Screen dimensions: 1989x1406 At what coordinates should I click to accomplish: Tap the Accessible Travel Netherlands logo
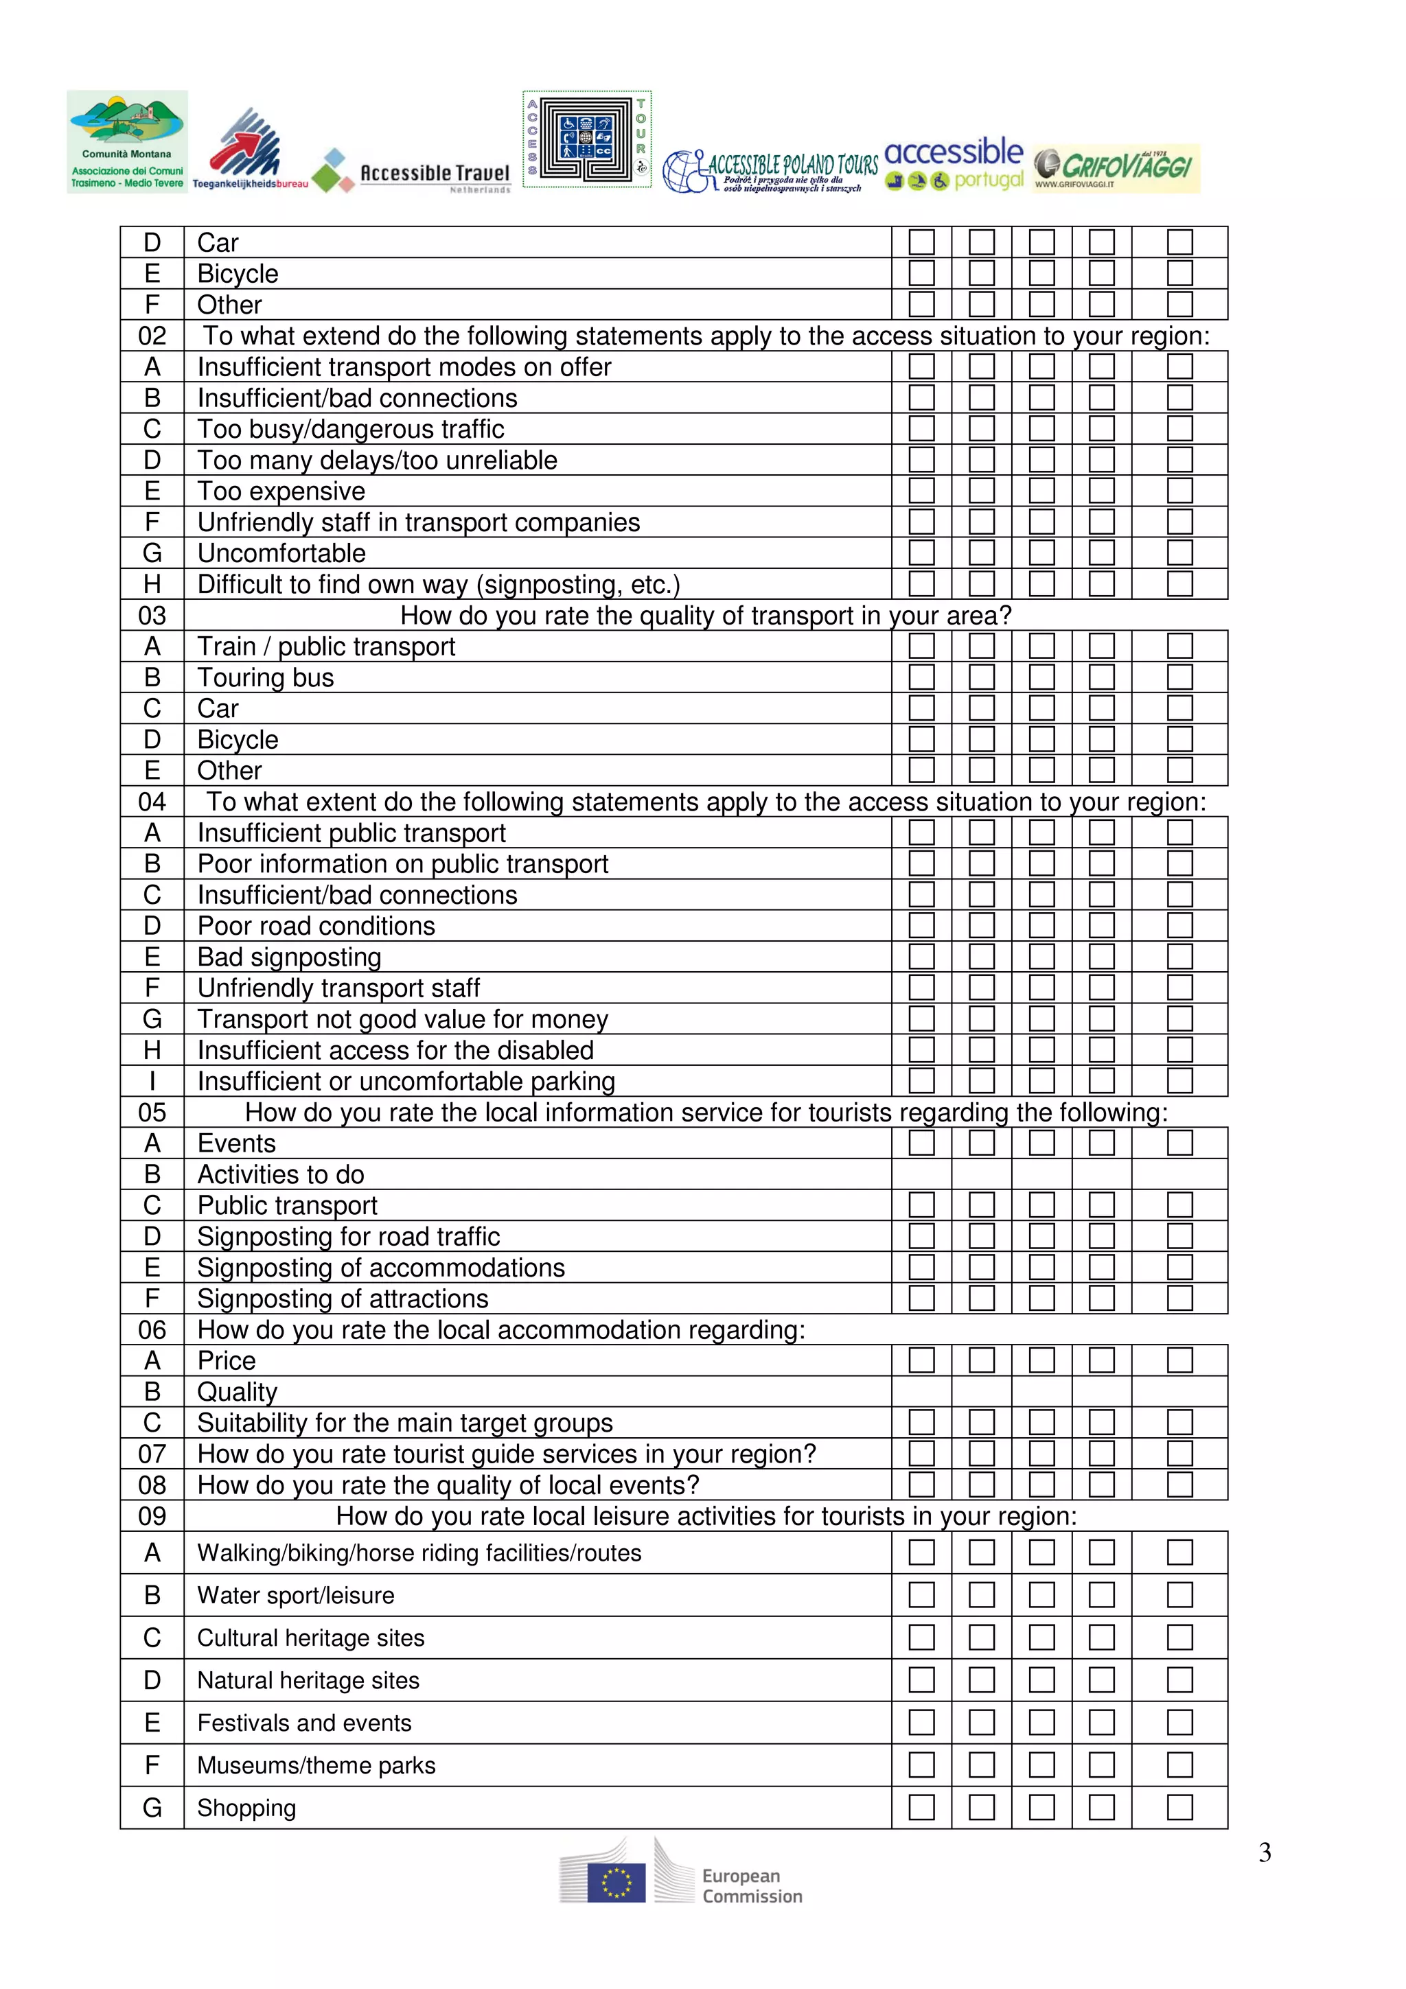pyautogui.click(x=411, y=172)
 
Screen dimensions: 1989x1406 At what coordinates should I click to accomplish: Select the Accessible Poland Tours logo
pyautogui.click(x=770, y=171)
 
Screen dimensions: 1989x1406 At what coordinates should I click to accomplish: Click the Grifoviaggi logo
pyautogui.click(x=1116, y=168)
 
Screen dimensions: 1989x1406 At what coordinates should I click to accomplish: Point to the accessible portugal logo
pyautogui.click(x=954, y=163)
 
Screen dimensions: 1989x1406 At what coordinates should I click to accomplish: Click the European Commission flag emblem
pyautogui.click(x=616, y=1883)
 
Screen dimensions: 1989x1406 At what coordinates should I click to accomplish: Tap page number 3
pyautogui.click(x=1264, y=1852)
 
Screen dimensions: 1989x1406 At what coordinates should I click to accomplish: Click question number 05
pyautogui.click(x=152, y=1113)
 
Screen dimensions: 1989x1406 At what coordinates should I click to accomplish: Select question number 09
pyautogui.click(x=152, y=1516)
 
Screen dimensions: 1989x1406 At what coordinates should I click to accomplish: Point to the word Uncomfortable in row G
pyautogui.click(x=281, y=554)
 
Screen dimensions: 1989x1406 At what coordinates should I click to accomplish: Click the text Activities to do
pyautogui.click(x=281, y=1175)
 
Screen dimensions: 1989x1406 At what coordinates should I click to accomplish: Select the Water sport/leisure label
pyautogui.click(x=295, y=1596)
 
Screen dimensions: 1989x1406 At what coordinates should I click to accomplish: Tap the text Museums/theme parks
pyautogui.click(x=316, y=1765)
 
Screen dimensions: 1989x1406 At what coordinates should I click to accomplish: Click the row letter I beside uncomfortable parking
pyautogui.click(x=152, y=1081)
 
